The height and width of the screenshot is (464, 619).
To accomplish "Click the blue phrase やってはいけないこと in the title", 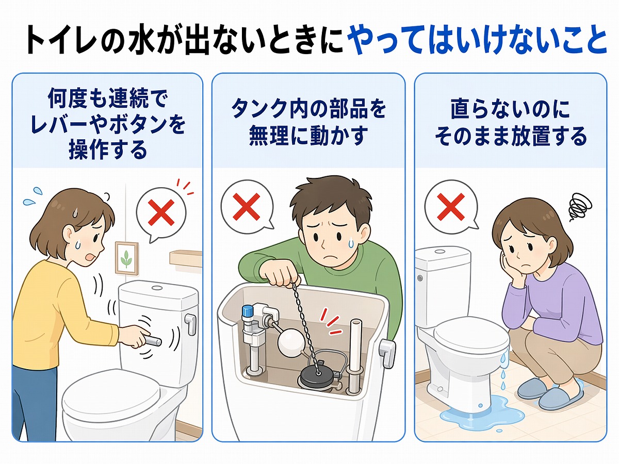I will pyautogui.click(x=477, y=40).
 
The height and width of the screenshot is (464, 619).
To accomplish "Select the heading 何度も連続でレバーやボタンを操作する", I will pyautogui.click(x=108, y=123).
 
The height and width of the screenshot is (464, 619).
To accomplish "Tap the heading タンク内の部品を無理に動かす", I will pyautogui.click(x=308, y=123).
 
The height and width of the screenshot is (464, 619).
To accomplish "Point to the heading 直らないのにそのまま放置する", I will pyautogui.click(x=510, y=123).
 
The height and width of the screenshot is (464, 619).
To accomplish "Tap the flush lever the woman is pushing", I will pyautogui.click(x=151, y=340).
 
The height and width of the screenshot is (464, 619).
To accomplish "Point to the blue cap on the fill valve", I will pyautogui.click(x=248, y=310).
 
